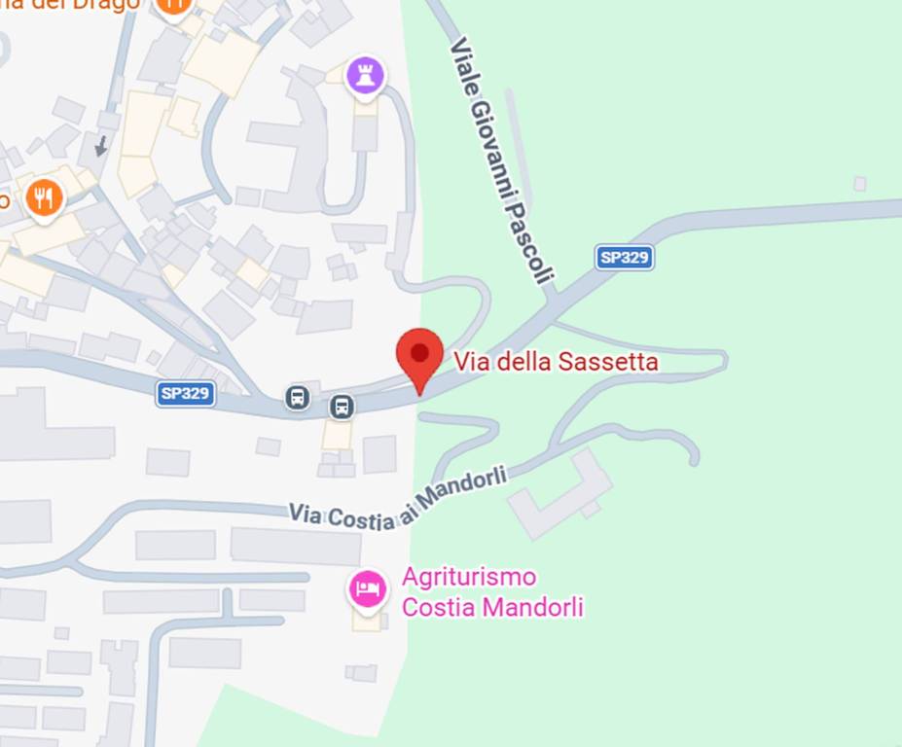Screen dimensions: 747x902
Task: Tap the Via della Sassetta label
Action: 556,363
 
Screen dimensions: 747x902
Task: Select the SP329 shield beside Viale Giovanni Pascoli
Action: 624,258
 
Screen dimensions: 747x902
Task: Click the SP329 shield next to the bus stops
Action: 185,394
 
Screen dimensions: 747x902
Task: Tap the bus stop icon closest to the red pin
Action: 342,407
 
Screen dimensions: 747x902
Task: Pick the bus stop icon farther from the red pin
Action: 298,397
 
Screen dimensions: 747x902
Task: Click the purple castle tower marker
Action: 365,75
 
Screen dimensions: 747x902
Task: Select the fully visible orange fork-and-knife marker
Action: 43,198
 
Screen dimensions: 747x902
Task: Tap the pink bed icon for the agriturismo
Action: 368,588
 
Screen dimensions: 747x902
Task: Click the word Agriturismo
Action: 469,578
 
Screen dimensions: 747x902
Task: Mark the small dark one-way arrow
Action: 100,146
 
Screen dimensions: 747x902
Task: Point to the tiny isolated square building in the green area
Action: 859,185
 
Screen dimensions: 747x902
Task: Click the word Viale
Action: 464,62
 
